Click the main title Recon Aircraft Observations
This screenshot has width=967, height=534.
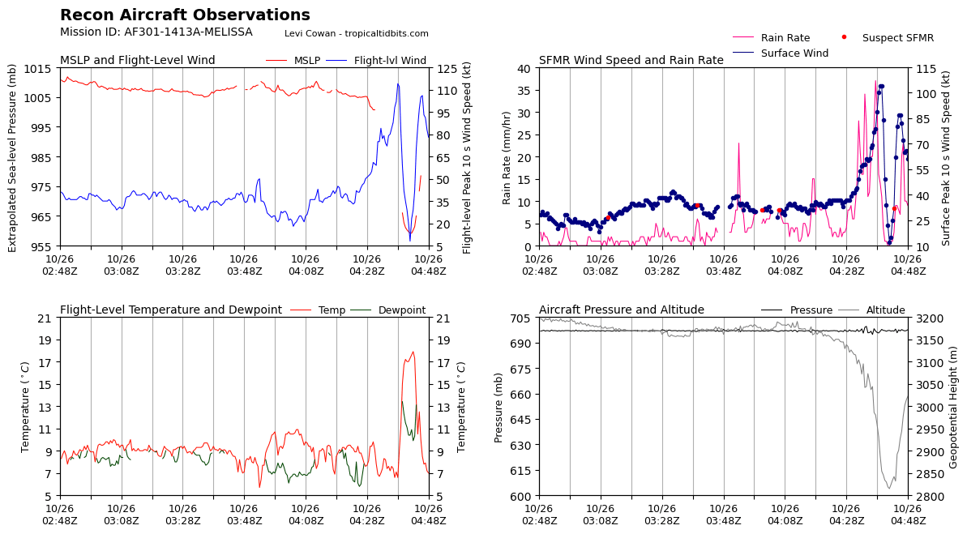click(185, 15)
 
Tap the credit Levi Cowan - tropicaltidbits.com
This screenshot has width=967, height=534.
click(357, 33)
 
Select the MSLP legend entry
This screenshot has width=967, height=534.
click(293, 61)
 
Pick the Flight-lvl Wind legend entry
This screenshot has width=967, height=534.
click(375, 61)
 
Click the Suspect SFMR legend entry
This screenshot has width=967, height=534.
click(888, 37)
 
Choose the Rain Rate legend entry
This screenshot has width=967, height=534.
click(771, 37)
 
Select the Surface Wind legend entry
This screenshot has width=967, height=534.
click(781, 53)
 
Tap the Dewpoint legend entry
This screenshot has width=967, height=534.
click(388, 310)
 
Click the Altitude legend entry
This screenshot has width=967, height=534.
click(871, 310)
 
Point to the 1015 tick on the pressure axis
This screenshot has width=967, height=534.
click(38, 68)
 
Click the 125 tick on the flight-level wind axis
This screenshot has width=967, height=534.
click(447, 68)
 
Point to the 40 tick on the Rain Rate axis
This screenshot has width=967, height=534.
click(524, 68)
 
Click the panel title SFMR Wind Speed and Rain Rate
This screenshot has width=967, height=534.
click(631, 61)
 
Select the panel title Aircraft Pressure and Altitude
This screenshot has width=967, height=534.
click(622, 310)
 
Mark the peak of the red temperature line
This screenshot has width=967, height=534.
click(413, 352)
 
